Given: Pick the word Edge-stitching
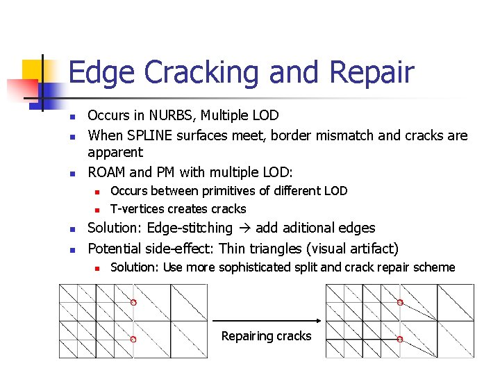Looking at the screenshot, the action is click(x=190, y=228).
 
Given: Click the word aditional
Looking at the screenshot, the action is click(x=315, y=228).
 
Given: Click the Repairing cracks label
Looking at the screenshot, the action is click(x=266, y=336).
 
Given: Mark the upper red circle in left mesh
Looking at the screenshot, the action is click(x=133, y=302).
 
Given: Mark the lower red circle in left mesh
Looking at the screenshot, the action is click(x=133, y=339).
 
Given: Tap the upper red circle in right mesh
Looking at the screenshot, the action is click(x=400, y=302).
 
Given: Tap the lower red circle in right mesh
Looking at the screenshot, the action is click(x=400, y=339).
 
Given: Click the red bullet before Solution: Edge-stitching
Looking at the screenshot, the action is click(x=72, y=228).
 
